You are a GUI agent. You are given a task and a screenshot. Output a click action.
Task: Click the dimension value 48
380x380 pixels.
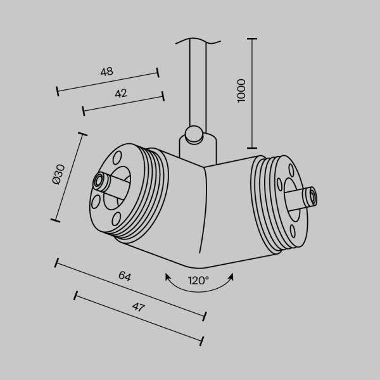pyautogui.click(x=106, y=72)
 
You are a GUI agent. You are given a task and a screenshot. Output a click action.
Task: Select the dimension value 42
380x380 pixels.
pyautogui.click(x=121, y=93)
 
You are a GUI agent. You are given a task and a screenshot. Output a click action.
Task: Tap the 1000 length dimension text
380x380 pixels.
pyautogui.click(x=241, y=91)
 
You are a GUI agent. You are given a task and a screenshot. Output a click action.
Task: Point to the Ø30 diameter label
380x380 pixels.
pyautogui.click(x=58, y=174)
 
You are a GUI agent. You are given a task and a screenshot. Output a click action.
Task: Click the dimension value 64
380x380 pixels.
pyautogui.click(x=125, y=276)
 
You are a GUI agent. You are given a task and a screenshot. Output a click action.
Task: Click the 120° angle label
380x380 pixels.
pyautogui.click(x=198, y=280)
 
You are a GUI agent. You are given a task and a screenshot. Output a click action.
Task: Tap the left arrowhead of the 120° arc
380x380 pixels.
pyautogui.click(x=168, y=276)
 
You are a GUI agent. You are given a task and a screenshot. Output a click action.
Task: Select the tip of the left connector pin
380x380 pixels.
pyautogui.click(x=99, y=182)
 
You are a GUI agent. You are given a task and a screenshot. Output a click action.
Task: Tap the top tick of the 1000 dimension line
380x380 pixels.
pyautogui.click(x=253, y=39)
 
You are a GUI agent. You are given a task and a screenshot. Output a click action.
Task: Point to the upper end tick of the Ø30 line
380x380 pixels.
pyautogui.click(x=82, y=134)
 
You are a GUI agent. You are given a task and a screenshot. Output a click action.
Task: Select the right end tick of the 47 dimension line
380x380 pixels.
pyautogui.click(x=202, y=341)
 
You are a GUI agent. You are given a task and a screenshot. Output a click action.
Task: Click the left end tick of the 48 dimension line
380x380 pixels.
pyautogui.click(x=58, y=91)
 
